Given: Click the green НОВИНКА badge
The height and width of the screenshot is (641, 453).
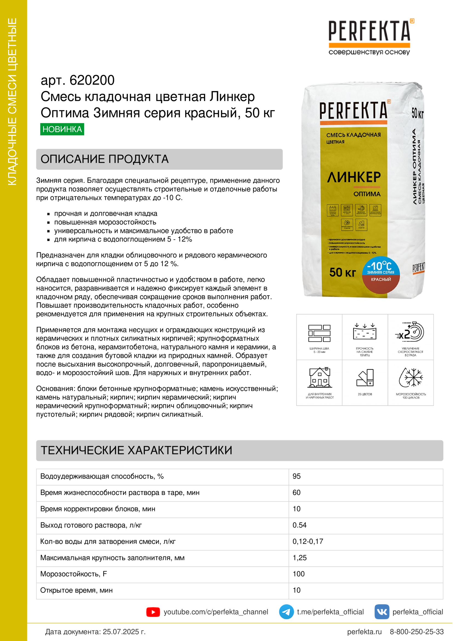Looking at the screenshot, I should pyautogui.click(x=62, y=129).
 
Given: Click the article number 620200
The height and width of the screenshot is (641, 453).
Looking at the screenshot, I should pyautogui.click(x=92, y=80).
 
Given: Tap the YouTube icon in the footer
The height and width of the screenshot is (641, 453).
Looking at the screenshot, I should pyautogui.click(x=153, y=612).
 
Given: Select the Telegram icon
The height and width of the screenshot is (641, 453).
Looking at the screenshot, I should pyautogui.click(x=286, y=612).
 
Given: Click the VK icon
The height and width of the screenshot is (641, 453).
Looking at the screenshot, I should pyautogui.click(x=381, y=612).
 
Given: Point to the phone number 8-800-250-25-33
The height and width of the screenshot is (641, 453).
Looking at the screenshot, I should pyautogui.click(x=417, y=631).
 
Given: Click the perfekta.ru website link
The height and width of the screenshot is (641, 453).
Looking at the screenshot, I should pyautogui.click(x=364, y=631).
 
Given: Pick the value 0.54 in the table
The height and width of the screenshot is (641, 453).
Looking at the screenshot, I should pyautogui.click(x=299, y=525).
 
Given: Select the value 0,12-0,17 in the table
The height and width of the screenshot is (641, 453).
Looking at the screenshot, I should pyautogui.click(x=307, y=541).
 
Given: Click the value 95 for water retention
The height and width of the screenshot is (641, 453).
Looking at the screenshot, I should pyautogui.click(x=297, y=476).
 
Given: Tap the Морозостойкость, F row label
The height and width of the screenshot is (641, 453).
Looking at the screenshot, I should pyautogui.click(x=73, y=574).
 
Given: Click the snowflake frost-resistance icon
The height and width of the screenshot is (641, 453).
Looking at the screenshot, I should pyautogui.click(x=411, y=377).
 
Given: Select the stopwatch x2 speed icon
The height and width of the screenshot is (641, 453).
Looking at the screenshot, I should pyautogui.click(x=410, y=332).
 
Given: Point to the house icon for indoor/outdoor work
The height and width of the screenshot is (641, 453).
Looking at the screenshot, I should pyautogui.click(x=320, y=377).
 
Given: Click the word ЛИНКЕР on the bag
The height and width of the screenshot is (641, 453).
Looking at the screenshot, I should pyautogui.click(x=354, y=177).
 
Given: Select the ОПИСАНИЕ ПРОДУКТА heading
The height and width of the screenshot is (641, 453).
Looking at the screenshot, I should pyautogui.click(x=104, y=159).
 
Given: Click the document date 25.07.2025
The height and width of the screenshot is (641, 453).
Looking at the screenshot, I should pyautogui.click(x=124, y=631).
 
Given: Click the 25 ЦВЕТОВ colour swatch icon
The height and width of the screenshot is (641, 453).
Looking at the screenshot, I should pyautogui.click(x=365, y=378).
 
